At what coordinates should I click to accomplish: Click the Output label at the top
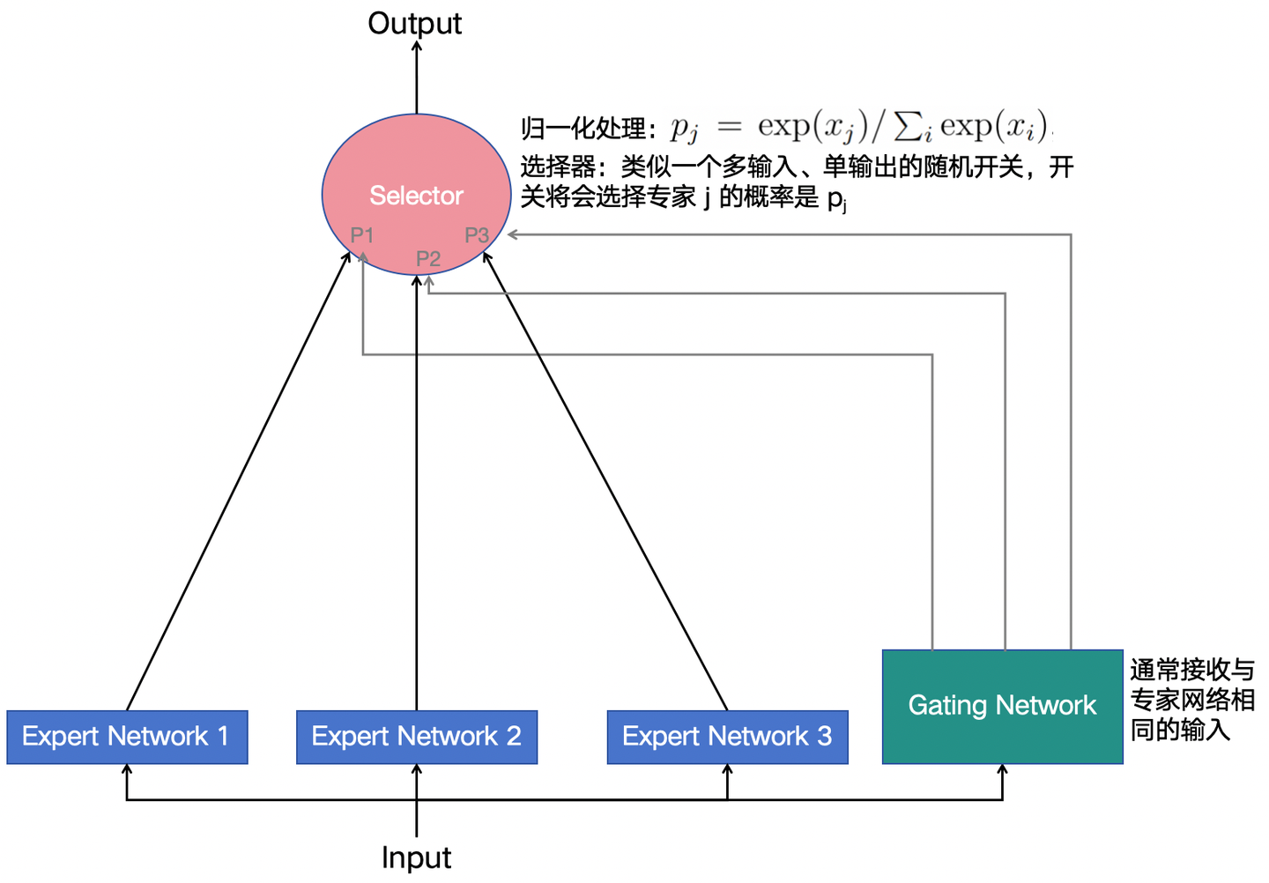point(414,24)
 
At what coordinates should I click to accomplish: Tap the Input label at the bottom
point(416,857)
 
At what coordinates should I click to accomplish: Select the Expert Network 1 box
point(127,737)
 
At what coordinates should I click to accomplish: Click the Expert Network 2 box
point(417,737)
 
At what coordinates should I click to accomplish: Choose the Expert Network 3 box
point(727,737)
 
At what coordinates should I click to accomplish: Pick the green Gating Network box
point(1002,706)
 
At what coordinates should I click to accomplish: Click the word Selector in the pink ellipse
point(416,195)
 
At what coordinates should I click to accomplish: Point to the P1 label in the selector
point(362,235)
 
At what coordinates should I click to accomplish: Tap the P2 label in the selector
point(428,258)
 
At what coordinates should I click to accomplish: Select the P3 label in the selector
point(477,235)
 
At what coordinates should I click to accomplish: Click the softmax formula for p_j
point(859,128)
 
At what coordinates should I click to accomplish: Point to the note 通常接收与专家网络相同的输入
point(1191,700)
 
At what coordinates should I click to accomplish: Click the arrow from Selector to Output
point(417,79)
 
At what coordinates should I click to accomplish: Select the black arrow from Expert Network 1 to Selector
point(238,480)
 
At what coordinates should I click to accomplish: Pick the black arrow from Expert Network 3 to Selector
point(606,480)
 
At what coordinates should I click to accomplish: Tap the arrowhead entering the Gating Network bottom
point(1002,770)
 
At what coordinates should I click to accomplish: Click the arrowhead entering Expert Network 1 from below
point(127,770)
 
